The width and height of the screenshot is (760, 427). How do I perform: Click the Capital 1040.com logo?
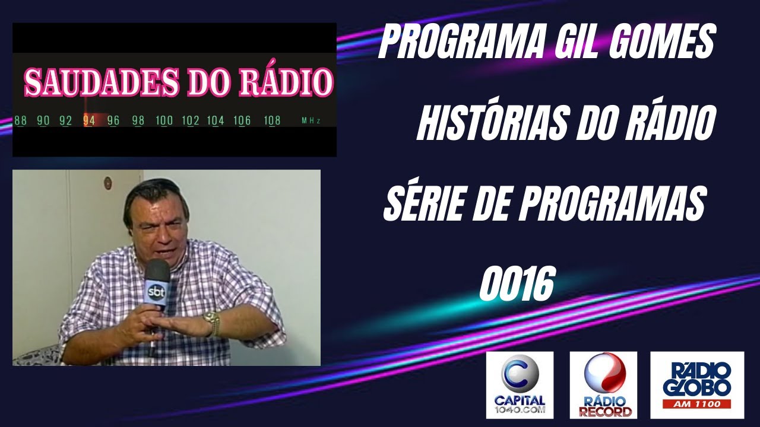tap(520, 385)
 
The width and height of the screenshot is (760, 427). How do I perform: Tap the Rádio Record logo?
tap(603, 385)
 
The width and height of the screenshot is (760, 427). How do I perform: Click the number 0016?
tap(516, 285)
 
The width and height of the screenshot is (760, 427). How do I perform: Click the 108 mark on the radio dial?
tap(272, 120)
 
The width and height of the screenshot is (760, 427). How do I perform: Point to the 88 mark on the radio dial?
tap(21, 120)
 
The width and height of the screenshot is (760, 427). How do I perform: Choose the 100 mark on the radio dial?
tap(164, 120)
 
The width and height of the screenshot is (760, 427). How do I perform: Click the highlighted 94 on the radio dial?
tap(89, 120)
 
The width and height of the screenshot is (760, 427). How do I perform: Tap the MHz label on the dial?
tap(311, 121)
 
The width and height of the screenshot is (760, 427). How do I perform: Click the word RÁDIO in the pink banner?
tap(284, 83)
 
